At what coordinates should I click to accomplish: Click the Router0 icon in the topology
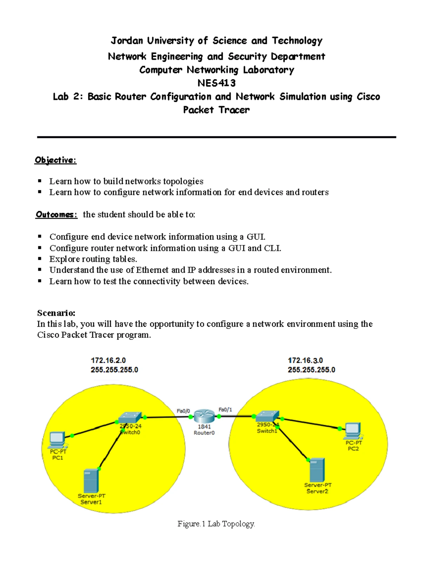pyautogui.click(x=204, y=416)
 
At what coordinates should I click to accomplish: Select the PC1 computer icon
pyautogui.click(x=57, y=439)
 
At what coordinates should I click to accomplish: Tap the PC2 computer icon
pyautogui.click(x=353, y=430)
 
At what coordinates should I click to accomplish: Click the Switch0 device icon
pyautogui.click(x=130, y=417)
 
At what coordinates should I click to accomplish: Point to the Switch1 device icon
pyautogui.click(x=267, y=416)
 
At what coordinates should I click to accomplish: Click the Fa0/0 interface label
pyautogui.click(x=183, y=411)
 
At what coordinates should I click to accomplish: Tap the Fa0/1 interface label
pyautogui.click(x=225, y=409)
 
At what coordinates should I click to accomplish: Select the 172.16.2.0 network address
pyautogui.click(x=108, y=360)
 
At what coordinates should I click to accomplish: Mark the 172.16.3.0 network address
pyautogui.click(x=305, y=360)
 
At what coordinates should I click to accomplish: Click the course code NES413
pyautogui.click(x=216, y=83)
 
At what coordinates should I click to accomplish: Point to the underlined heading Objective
pyautogui.click(x=55, y=160)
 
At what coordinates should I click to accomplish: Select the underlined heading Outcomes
pyautogui.click(x=56, y=215)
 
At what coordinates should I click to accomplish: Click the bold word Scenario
pyautogui.click(x=56, y=313)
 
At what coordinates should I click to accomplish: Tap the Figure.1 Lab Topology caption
pyautogui.click(x=216, y=524)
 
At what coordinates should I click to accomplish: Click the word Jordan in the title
pyautogui.click(x=127, y=41)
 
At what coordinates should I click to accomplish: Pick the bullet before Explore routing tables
pyautogui.click(x=40, y=259)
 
